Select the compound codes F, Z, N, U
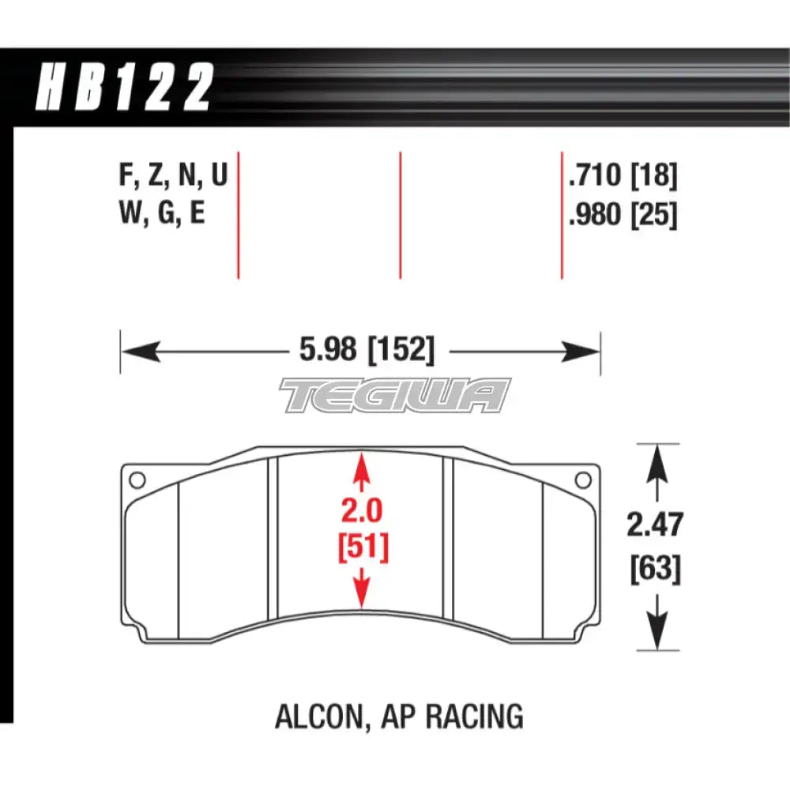(x=172, y=176)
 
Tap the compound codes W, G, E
(x=161, y=213)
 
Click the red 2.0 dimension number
(x=361, y=513)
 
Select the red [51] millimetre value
(x=362, y=548)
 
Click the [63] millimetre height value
(x=656, y=569)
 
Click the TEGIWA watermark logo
(x=395, y=395)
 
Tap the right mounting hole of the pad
(x=584, y=479)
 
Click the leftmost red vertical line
(x=238, y=215)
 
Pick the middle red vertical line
(x=401, y=215)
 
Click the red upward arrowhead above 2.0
(x=361, y=461)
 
